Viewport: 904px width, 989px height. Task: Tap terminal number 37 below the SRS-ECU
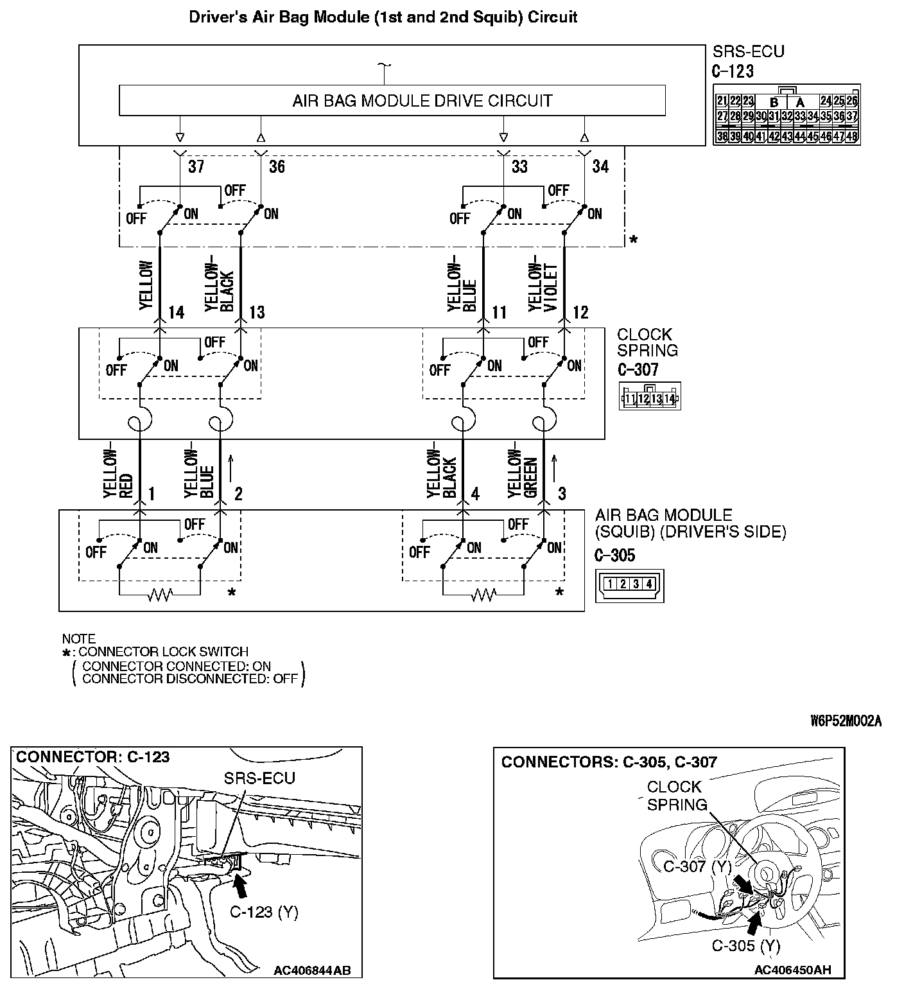[196, 167]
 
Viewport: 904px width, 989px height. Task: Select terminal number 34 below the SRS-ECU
[600, 167]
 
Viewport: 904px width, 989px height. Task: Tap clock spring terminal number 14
[176, 313]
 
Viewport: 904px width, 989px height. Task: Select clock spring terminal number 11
[499, 313]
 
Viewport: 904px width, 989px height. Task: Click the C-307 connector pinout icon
[650, 398]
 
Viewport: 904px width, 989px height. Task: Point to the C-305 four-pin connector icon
[629, 584]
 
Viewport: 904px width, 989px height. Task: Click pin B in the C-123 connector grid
[774, 102]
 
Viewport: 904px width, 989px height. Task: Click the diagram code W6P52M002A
[846, 721]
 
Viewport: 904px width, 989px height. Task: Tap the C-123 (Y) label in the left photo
[264, 912]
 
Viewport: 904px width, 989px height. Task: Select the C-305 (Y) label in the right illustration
[746, 945]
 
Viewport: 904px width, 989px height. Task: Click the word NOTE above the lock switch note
[78, 639]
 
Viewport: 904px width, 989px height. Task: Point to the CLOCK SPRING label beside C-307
[647, 342]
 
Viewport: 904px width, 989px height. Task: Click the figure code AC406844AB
[312, 970]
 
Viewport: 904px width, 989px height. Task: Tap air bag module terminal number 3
[562, 494]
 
